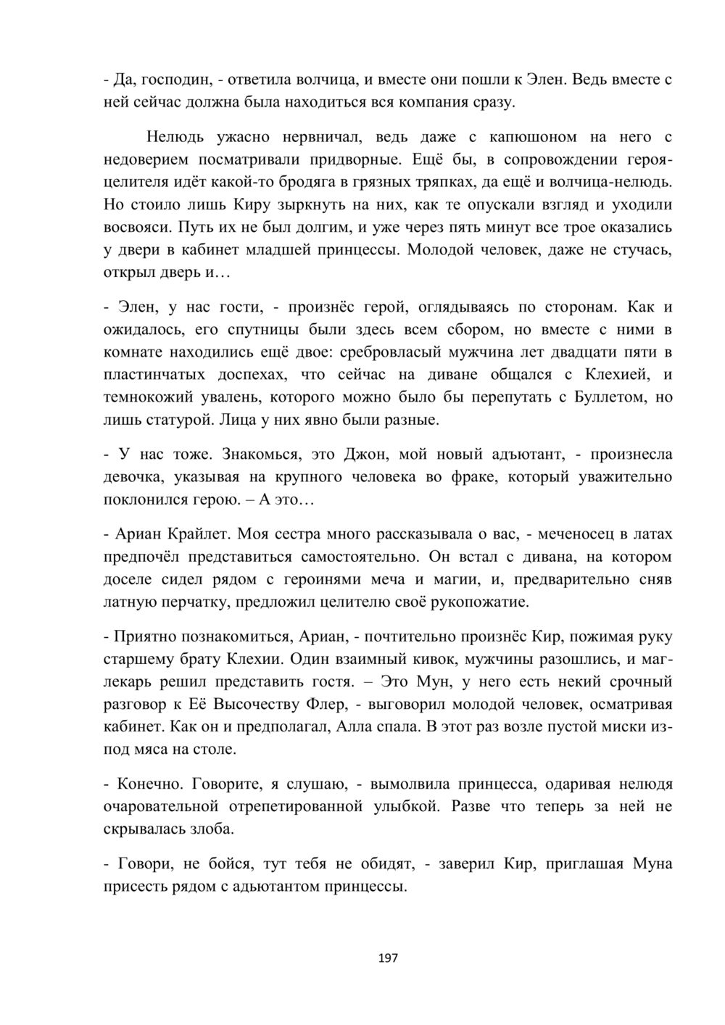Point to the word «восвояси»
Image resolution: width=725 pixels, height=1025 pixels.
click(x=136, y=228)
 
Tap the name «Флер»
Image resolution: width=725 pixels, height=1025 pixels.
click(x=322, y=704)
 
